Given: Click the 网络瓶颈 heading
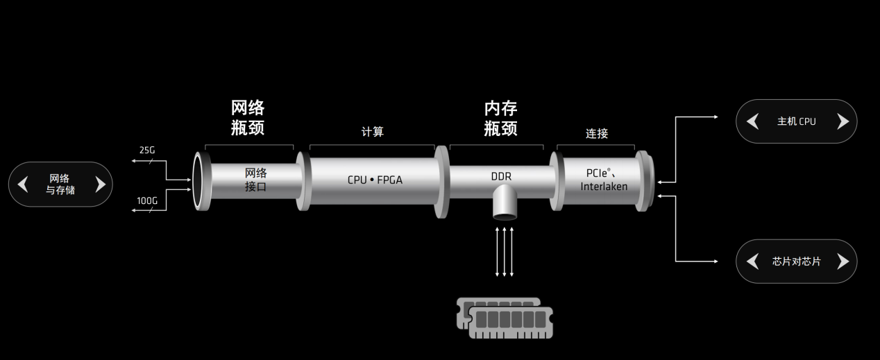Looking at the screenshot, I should [248, 118].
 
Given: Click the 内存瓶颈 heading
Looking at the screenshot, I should [500, 118].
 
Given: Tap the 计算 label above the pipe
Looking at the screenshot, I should [372, 132].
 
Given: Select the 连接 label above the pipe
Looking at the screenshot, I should [596, 133].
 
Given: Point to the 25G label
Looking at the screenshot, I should [147, 150].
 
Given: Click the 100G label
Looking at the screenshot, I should [147, 200].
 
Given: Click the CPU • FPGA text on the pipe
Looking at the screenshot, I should [375, 180].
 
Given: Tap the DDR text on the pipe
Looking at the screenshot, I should [501, 176].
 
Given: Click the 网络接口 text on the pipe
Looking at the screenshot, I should [255, 179].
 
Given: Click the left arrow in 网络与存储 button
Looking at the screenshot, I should [23, 184].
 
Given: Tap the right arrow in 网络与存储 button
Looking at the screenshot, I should [99, 184].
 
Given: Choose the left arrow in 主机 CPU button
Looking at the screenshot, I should [752, 121].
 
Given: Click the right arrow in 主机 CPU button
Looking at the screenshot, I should [843, 121].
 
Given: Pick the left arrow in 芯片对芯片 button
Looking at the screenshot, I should [752, 262].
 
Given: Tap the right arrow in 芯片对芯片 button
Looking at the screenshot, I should [843, 262].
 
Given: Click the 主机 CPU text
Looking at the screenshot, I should [796, 121].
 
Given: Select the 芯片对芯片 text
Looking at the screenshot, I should [796, 262].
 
